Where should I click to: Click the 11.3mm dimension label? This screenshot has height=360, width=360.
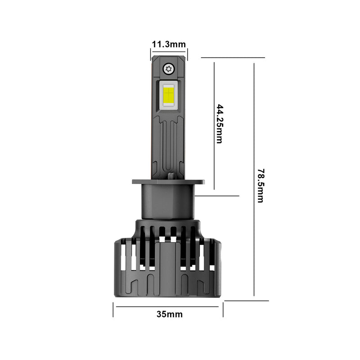[169, 44]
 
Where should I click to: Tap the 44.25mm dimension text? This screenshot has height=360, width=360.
[219, 124]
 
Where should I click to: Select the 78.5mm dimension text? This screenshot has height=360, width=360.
[260, 185]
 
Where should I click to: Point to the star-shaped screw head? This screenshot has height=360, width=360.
[169, 68]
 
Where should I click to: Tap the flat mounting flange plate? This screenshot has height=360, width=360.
[168, 182]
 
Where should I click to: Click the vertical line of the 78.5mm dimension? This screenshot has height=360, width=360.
[254, 135]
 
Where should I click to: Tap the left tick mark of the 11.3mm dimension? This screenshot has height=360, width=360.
[150, 54]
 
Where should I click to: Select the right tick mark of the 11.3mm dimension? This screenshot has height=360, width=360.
[188, 54]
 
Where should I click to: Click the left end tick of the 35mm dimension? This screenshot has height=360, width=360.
[113, 309]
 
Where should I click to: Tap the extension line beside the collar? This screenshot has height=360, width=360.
[218, 196]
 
